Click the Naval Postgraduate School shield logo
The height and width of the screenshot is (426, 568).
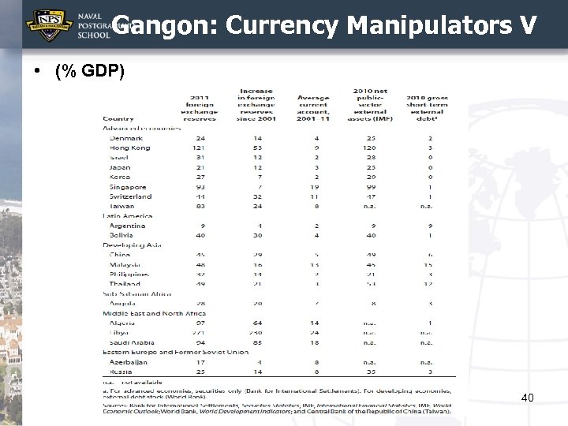(x=50, y=24)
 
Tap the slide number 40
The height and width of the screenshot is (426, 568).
(x=528, y=398)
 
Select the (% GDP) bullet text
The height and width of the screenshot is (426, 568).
(x=90, y=71)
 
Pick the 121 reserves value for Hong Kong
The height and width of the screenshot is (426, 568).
(x=199, y=148)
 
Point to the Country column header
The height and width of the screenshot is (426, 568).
(x=118, y=118)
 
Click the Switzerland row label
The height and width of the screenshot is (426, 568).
(x=131, y=196)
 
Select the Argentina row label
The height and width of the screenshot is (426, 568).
(x=128, y=225)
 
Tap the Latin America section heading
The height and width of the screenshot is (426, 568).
(x=128, y=215)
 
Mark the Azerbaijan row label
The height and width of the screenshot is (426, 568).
(x=129, y=362)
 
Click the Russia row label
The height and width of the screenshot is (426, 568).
(x=120, y=372)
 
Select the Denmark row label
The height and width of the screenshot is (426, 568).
(x=126, y=138)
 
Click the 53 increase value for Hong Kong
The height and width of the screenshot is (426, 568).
(x=257, y=148)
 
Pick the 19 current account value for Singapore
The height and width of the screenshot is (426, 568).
(x=316, y=186)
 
